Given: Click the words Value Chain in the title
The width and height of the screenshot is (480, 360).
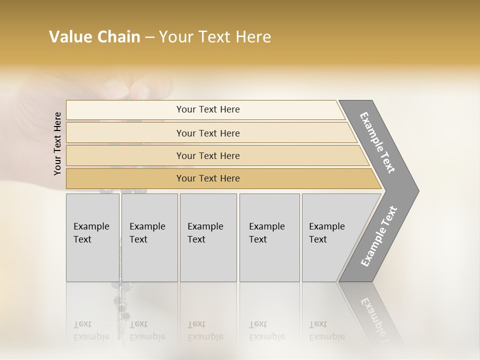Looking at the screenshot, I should click(94, 37).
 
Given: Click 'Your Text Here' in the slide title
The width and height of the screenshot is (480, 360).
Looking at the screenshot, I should click(215, 37).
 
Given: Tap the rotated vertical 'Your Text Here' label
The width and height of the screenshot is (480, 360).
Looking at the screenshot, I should click(58, 143).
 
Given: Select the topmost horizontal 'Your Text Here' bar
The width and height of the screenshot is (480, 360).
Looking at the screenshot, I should click(125, 110).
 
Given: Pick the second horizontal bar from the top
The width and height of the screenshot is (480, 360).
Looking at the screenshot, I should click(125, 133).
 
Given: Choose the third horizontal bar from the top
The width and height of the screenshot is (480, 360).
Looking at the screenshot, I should click(125, 155).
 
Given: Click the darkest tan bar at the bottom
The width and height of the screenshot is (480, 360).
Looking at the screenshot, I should click(125, 178).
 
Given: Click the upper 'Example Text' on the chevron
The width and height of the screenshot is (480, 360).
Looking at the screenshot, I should click(377, 142).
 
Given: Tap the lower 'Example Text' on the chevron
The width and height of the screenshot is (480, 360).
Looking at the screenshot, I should click(379, 236).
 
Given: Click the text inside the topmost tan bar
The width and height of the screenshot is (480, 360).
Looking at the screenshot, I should click(208, 109).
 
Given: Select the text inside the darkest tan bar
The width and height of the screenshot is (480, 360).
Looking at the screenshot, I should click(208, 178).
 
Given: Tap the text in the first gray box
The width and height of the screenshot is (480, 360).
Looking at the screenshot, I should click(91, 232).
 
